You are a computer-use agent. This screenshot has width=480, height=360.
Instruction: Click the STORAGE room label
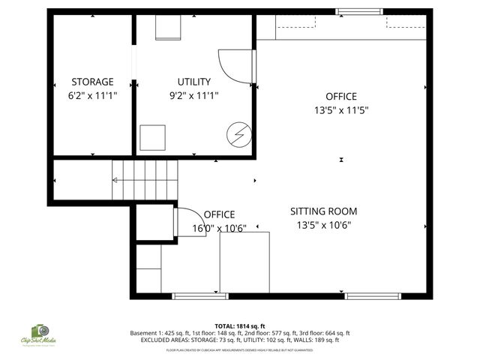pyautogui.click(x=92, y=82)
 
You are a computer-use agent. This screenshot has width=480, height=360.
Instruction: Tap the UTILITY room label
pyautogui.click(x=193, y=82)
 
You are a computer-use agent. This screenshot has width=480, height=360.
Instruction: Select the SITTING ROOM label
pyautogui.click(x=323, y=211)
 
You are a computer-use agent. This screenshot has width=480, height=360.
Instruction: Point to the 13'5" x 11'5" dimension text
pyautogui.click(x=340, y=109)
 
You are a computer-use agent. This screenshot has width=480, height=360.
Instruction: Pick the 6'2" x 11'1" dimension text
pyautogui.click(x=92, y=95)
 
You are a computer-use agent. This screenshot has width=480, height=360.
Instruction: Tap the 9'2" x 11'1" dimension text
pyautogui.click(x=193, y=95)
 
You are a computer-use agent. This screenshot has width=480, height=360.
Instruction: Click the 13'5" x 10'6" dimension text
pyautogui.click(x=323, y=225)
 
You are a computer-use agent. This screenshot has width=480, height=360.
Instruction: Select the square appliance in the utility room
pyautogui.click(x=153, y=137)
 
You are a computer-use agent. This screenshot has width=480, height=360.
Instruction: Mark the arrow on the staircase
pyautogui.click(x=116, y=179)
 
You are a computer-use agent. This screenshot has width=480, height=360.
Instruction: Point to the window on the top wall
pyautogui.click(x=357, y=12)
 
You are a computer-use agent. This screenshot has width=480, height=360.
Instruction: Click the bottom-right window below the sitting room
pyautogui.click(x=373, y=296)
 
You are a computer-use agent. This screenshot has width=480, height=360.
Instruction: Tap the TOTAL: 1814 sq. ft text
pyautogui.click(x=240, y=326)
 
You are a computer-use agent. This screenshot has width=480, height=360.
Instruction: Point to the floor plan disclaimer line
pyautogui.click(x=240, y=349)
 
